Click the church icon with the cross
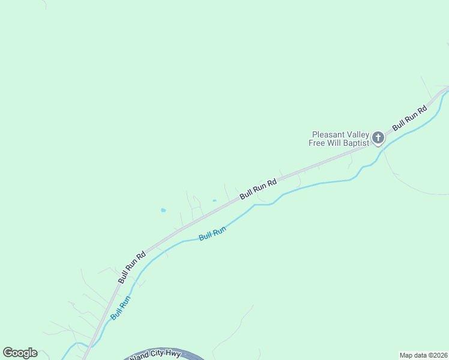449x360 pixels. click(378, 138)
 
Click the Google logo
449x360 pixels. click(20, 353)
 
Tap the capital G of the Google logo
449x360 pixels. click(7, 353)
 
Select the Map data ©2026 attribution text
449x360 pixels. click(423, 355)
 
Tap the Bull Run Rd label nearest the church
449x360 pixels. click(409, 118)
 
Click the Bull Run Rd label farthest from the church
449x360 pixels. click(132, 267)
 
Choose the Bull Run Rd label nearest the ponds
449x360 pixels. click(258, 189)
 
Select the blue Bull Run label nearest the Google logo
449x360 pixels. click(119, 306)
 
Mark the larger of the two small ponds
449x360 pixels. click(163, 210)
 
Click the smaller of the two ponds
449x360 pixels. click(214, 200)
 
